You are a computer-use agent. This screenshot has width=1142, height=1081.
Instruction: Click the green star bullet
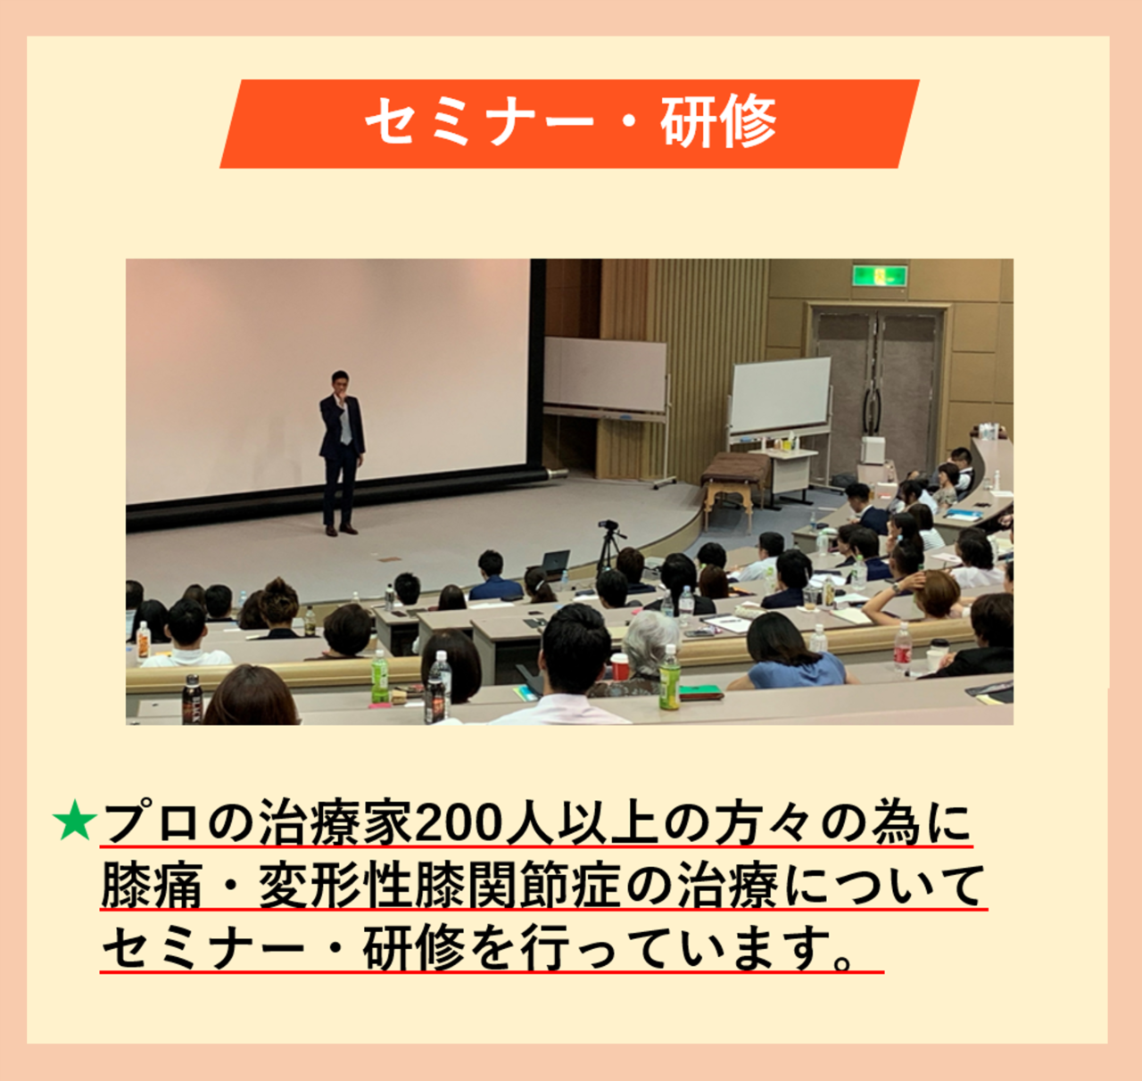coord(74,821)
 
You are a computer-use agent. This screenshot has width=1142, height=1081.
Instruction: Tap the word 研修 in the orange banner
coord(719,122)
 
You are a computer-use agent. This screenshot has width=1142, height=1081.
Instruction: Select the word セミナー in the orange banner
coord(480,122)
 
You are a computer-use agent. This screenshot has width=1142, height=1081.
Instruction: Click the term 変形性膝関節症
coord(441,887)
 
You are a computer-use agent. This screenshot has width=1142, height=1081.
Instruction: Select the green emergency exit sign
coord(879,276)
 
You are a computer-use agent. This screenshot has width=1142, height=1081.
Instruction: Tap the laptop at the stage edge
coord(553,563)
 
